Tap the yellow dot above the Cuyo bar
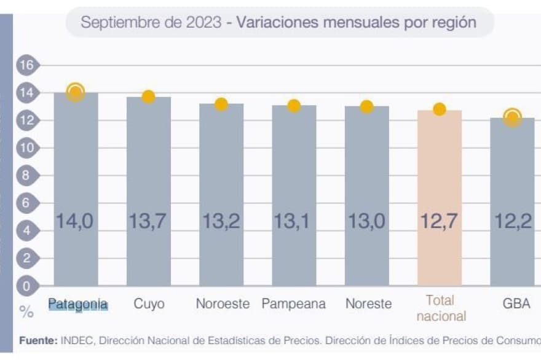pos(148,96)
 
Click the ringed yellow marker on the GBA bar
pos(512,117)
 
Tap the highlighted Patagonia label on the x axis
pos(78,304)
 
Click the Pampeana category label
pos(293,304)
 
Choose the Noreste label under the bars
pos(368,304)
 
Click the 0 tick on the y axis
pos(26,286)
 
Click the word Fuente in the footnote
pos(39,340)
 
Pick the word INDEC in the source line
pos(77,340)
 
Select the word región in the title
pos(452,23)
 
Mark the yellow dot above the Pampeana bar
pos(294,106)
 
